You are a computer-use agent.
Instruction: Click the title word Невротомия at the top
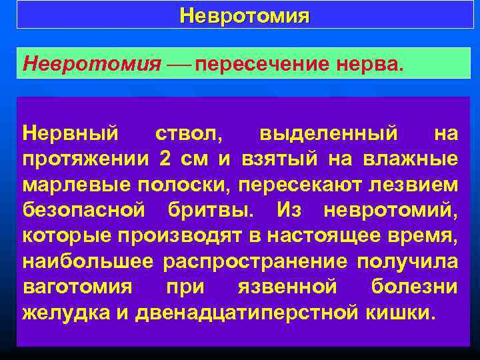coord(244,15)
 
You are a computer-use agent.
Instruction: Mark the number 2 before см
coord(165,160)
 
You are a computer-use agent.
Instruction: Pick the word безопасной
coord(83,211)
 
